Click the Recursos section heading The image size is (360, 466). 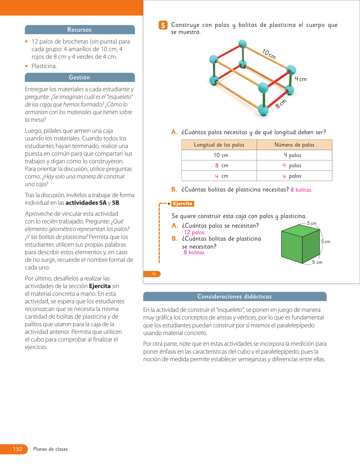pyautogui.click(x=79, y=30)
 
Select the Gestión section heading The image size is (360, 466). pyautogui.click(x=79, y=77)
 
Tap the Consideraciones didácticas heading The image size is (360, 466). pyautogui.click(x=234, y=297)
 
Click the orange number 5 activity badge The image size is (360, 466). pyautogui.click(x=163, y=25)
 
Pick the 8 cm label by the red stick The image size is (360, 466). pyautogui.click(x=281, y=104)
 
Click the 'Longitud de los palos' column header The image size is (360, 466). pyautogui.click(x=219, y=145)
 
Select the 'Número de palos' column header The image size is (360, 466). pyautogui.click(x=294, y=145)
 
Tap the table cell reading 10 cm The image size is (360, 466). pyautogui.click(x=221, y=155)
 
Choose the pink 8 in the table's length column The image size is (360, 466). pyautogui.click(x=217, y=166)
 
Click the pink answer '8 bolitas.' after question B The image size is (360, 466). pyautogui.click(x=301, y=190)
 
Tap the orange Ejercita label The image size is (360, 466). pyautogui.click(x=183, y=204)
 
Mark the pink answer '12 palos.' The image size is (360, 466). pyautogui.click(x=195, y=232)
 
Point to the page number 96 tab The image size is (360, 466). pyautogui.click(x=154, y=274)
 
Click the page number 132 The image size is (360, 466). pyautogui.click(x=18, y=449)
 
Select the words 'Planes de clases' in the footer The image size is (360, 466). pyautogui.click(x=51, y=449)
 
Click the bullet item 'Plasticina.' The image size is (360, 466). pyautogui.click(x=44, y=66)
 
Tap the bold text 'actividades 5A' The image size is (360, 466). pyautogui.click(x=86, y=203)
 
